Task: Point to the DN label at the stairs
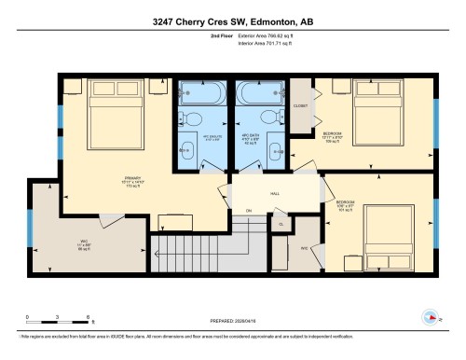(x=249, y=212)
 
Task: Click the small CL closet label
(x=281, y=225)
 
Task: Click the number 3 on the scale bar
(x=58, y=317)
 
